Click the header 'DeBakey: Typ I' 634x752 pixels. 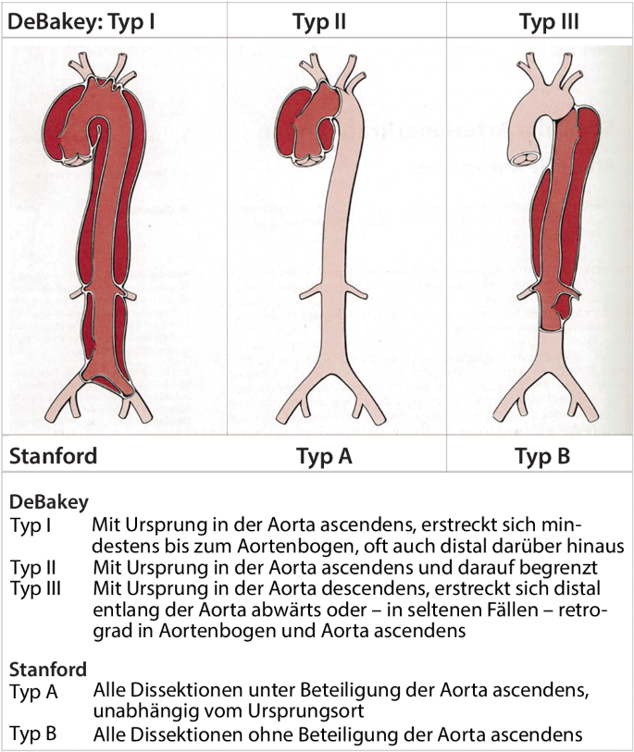[x=81, y=19]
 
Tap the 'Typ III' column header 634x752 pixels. [x=549, y=19]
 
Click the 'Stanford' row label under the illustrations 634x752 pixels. [x=53, y=455]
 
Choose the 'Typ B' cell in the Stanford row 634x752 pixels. [x=542, y=455]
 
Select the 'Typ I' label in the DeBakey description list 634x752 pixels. [x=31, y=525]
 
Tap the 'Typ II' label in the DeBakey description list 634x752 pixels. [x=32, y=566]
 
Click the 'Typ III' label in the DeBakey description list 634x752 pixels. [x=35, y=587]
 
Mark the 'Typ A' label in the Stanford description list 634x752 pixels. [x=34, y=691]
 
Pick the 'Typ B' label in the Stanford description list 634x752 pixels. [x=34, y=734]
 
